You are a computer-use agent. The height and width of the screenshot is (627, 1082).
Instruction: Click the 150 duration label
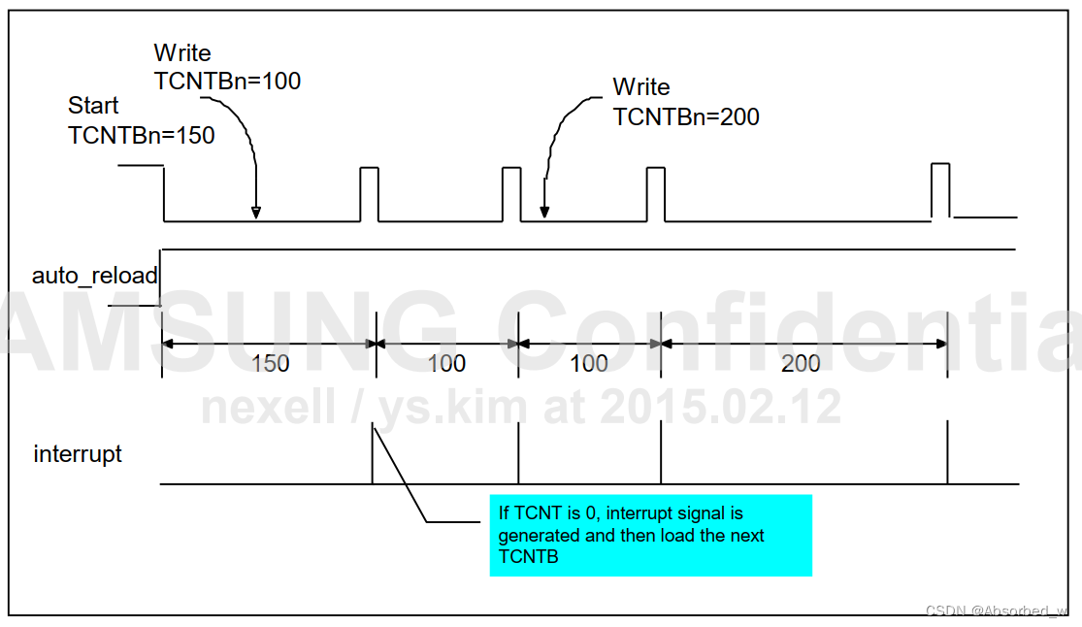coord(270,364)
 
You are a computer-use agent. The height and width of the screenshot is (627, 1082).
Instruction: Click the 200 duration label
coord(801,364)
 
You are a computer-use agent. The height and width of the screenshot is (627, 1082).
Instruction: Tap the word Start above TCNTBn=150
coord(94,106)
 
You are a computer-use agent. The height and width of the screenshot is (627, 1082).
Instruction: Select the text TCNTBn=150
coord(142,136)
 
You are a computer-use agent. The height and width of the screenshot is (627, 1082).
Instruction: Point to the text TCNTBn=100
coord(227,82)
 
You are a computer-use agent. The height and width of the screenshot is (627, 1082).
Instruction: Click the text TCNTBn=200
coord(686,117)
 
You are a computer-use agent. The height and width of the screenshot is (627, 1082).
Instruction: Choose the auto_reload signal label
coord(94,276)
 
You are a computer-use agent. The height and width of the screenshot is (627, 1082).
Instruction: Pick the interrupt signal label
coord(78,454)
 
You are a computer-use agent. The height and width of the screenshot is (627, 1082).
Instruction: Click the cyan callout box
coord(650,535)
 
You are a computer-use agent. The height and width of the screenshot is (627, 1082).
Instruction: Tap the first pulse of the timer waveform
coord(369,193)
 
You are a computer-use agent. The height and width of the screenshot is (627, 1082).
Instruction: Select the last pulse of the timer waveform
coord(939,189)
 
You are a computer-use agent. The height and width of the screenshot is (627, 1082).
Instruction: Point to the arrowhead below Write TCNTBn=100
coord(256,213)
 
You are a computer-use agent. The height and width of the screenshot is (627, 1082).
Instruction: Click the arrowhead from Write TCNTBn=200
coord(544,212)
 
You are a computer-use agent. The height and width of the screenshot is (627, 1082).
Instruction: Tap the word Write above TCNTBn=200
coord(641,87)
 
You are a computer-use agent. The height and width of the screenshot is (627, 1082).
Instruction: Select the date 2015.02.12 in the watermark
coord(719,409)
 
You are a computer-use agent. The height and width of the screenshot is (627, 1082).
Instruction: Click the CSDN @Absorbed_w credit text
coord(997,611)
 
